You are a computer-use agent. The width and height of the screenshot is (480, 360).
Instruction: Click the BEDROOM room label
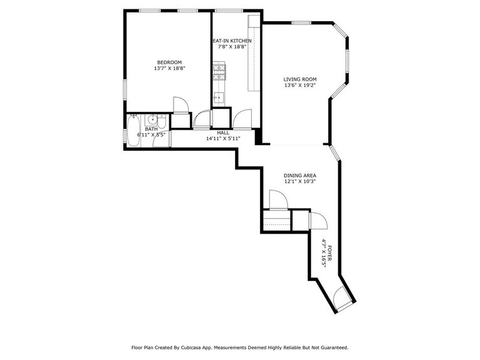(x=169, y=62)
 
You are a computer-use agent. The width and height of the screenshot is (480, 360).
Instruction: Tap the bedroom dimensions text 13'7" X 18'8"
(x=169, y=68)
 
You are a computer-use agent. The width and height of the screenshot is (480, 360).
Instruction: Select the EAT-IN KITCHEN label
(x=234, y=41)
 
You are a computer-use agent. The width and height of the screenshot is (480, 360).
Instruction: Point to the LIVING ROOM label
(x=300, y=80)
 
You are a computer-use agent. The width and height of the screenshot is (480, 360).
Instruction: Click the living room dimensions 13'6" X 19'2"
(x=300, y=86)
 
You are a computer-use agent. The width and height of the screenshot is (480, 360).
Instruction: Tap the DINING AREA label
(x=300, y=175)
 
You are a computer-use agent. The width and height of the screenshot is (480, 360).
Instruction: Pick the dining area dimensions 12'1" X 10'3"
(x=300, y=182)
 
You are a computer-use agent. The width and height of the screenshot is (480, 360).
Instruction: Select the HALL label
(x=223, y=133)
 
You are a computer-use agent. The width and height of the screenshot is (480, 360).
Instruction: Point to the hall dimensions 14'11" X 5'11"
(x=223, y=138)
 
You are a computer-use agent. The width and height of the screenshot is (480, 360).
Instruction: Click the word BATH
(x=151, y=129)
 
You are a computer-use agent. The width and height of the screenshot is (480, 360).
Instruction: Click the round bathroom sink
(x=152, y=120)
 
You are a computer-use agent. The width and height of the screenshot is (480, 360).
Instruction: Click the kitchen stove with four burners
(x=219, y=71)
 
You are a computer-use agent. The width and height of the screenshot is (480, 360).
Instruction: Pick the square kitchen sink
(x=219, y=97)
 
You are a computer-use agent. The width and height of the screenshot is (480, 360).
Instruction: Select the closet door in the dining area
(x=278, y=200)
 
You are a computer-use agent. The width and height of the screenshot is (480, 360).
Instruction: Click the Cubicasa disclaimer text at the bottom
(x=239, y=347)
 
